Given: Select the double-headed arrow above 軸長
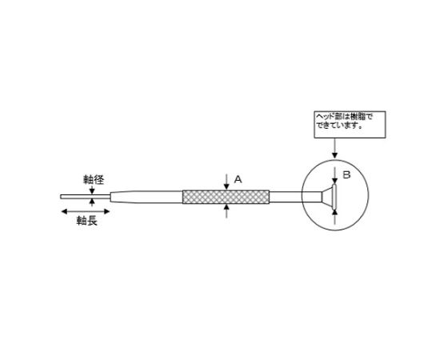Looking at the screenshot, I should click(82, 210).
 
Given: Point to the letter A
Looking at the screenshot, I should click(238, 180).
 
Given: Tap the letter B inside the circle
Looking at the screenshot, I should click(346, 173).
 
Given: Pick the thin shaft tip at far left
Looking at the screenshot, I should click(77, 196).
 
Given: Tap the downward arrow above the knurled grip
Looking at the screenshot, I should click(229, 180).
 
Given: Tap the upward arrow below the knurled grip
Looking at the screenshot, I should click(229, 211).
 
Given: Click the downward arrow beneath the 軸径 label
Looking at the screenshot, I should click(93, 190).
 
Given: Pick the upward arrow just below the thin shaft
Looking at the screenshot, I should click(93, 203).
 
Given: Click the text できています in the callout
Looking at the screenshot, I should click(341, 125).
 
